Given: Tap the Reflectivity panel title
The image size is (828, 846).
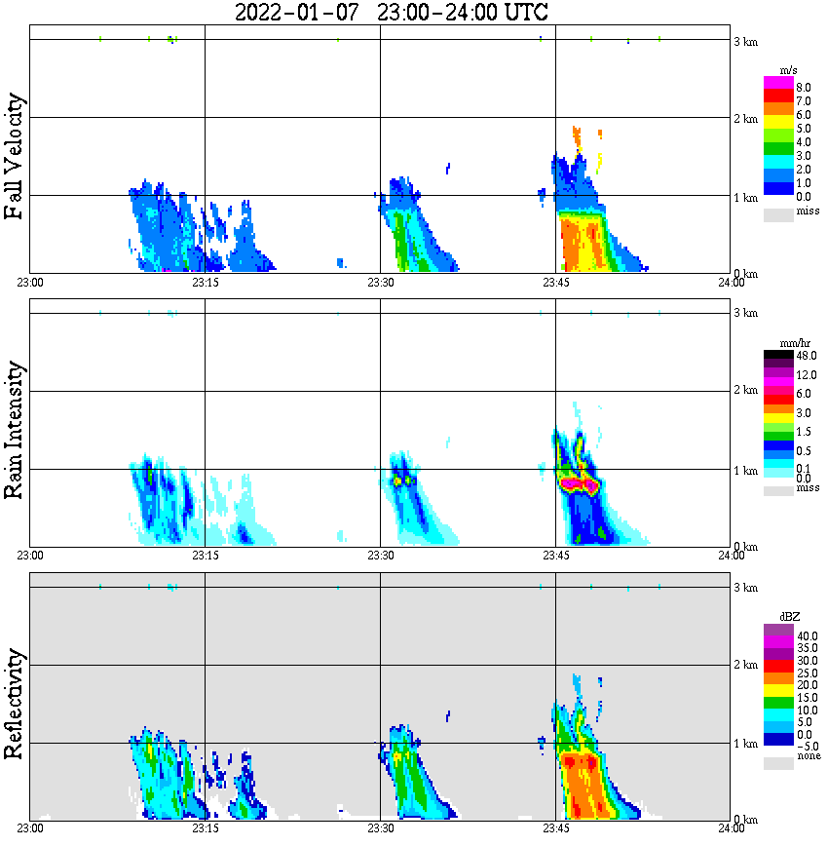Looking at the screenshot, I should (14, 704).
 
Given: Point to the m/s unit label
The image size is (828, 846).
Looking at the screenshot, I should (790, 71).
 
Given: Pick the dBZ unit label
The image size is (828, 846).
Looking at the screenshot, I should (789, 618).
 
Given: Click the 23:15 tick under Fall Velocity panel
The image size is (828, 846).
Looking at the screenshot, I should (205, 283).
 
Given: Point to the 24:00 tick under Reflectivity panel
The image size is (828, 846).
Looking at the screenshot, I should (730, 829).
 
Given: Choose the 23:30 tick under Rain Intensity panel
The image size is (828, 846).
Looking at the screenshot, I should (380, 556).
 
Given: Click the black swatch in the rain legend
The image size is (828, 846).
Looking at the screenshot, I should (778, 356).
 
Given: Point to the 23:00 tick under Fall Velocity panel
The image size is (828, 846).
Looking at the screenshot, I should (30, 283).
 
